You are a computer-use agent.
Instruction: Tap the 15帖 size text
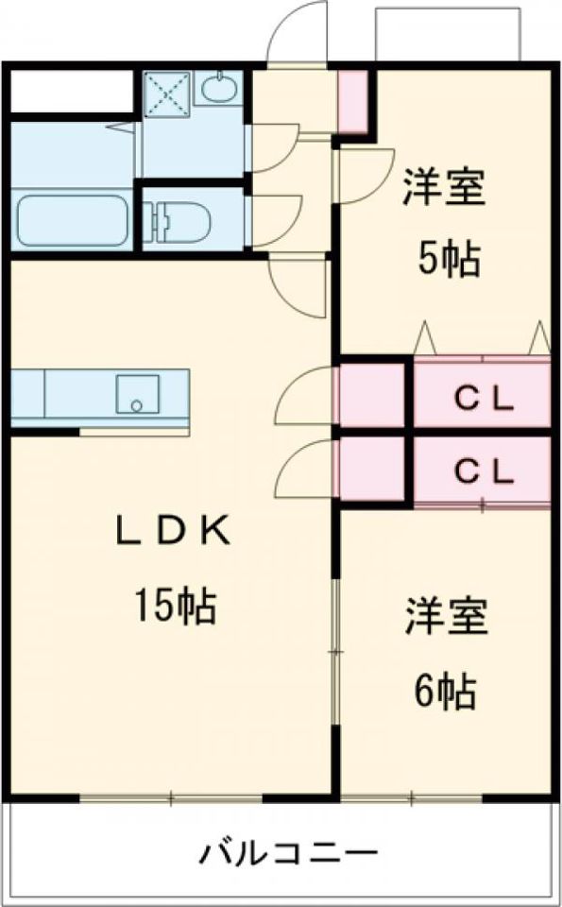point(175,605)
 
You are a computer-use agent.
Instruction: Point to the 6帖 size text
point(445,692)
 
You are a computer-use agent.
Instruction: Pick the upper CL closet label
point(484,399)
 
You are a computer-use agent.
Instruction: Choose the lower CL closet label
point(484,473)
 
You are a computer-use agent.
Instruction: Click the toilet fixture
point(179,220)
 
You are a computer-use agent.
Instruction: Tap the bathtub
point(73,220)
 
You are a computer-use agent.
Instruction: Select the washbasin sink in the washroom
point(219,88)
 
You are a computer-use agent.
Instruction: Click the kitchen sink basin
point(137,393)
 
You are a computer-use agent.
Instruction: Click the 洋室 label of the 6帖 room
point(446,617)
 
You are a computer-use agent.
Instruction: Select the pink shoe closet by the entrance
point(352,101)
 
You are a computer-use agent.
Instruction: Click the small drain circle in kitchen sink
point(136,405)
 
